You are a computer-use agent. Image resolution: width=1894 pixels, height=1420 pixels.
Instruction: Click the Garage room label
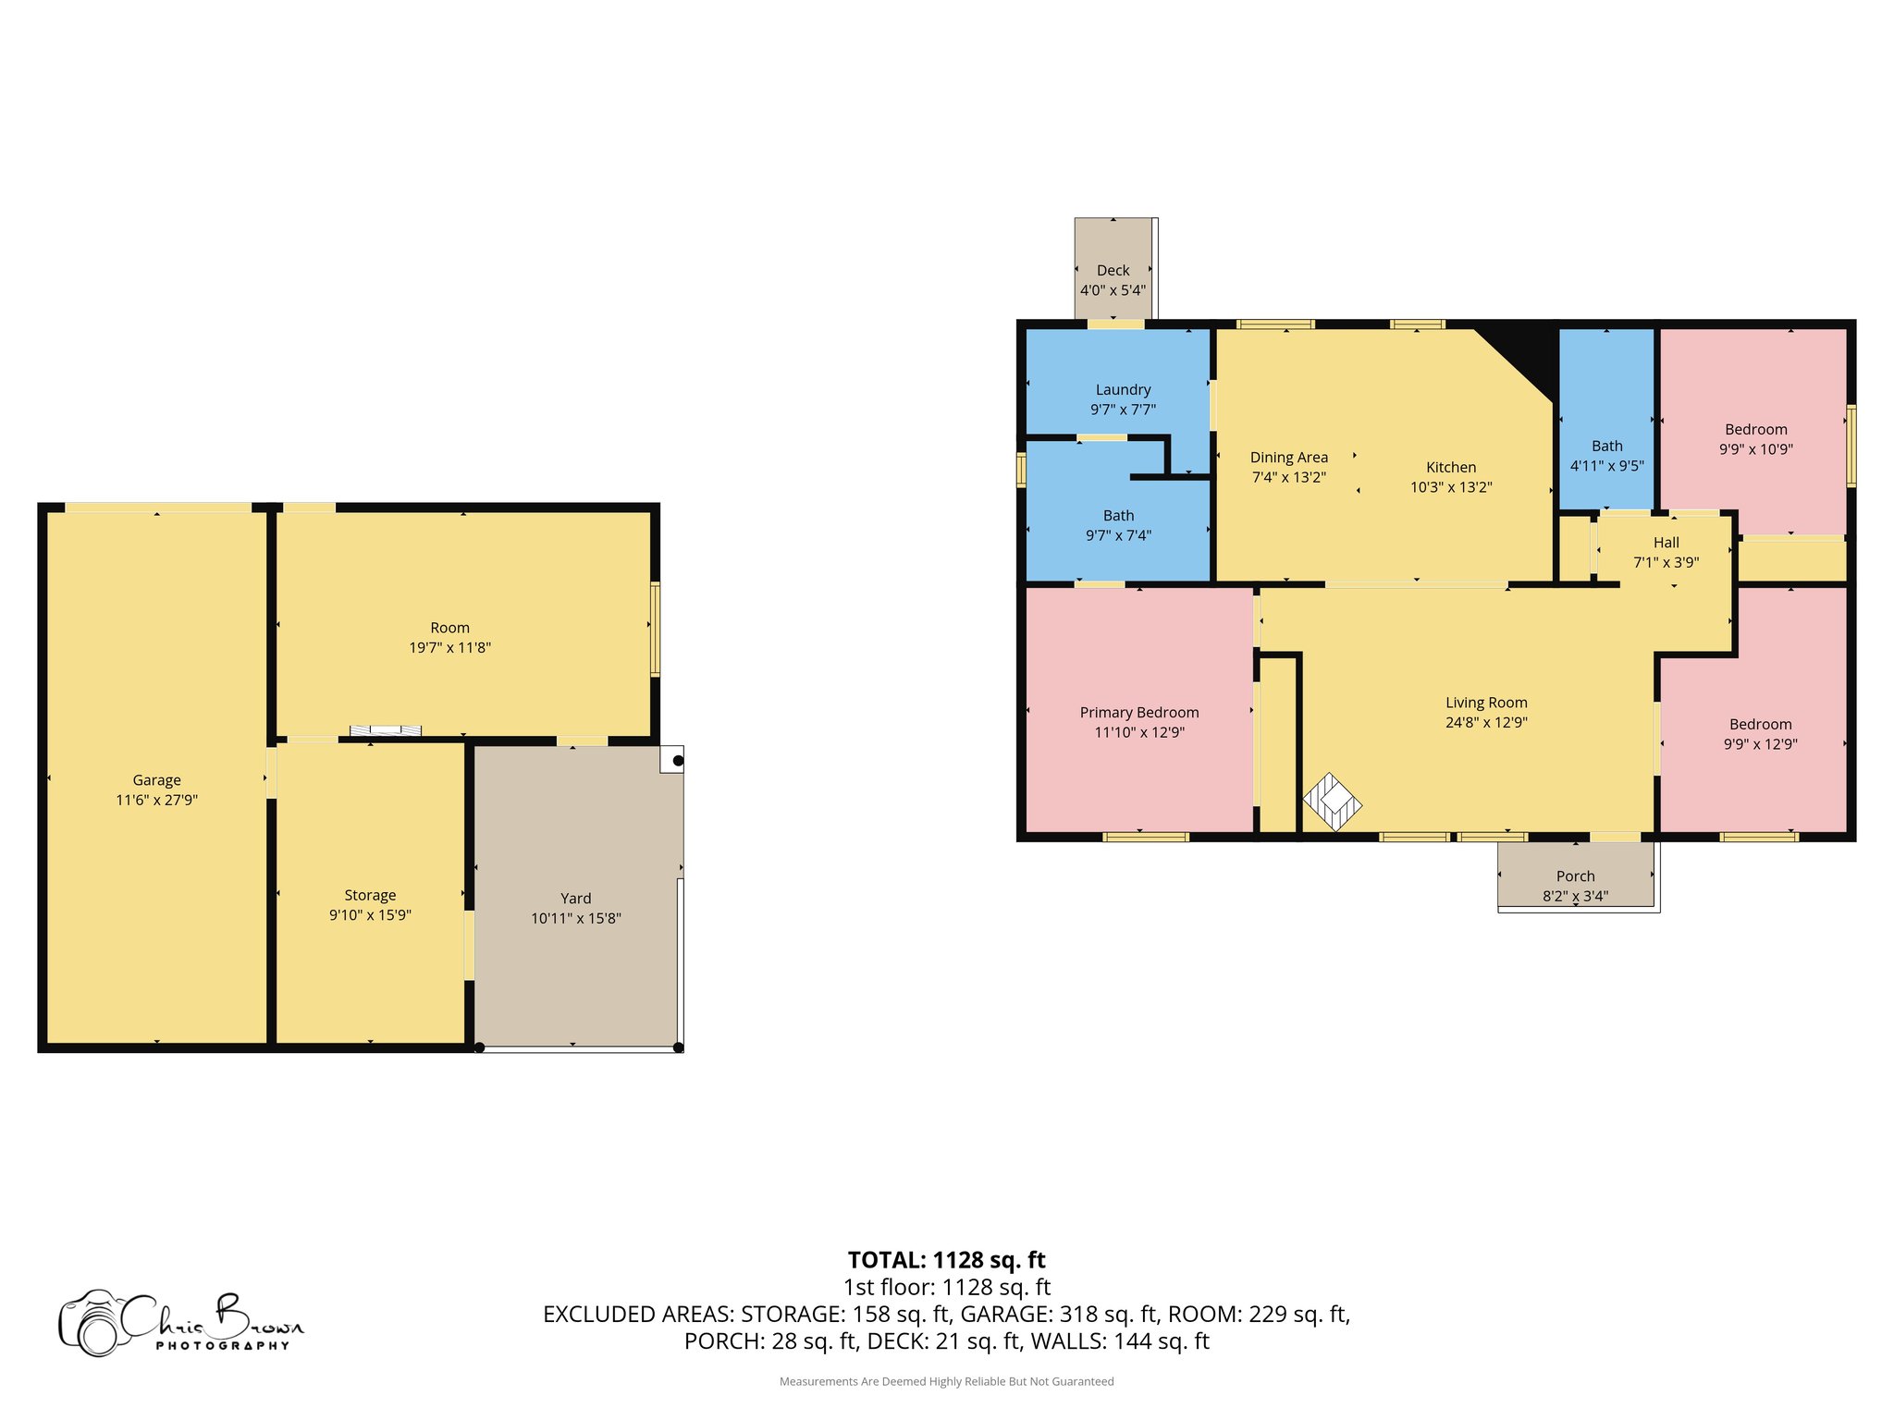156,780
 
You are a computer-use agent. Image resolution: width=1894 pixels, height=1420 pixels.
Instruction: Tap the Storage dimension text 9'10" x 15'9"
370,915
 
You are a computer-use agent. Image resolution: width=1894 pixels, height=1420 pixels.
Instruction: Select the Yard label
575,899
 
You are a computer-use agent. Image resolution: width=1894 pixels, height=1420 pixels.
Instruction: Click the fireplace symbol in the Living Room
1332,802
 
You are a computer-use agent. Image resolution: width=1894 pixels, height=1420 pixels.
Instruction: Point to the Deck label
1113,271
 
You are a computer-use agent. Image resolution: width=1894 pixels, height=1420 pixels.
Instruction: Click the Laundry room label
1123,390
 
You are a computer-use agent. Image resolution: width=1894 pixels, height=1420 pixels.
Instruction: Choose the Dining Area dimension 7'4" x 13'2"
1288,478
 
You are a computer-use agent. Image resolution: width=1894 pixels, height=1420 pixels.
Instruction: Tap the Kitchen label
1450,468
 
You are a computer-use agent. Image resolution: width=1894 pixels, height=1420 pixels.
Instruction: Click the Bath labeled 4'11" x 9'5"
1606,456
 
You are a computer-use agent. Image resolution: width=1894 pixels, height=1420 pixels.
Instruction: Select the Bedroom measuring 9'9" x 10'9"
1755,439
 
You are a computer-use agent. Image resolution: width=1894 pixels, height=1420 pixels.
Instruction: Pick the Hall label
1666,543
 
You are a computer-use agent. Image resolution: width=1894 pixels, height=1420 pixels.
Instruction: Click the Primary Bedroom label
1138,713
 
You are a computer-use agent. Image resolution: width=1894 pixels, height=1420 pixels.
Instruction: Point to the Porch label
1575,876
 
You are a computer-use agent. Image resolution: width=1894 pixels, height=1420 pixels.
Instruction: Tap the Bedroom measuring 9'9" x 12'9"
1760,734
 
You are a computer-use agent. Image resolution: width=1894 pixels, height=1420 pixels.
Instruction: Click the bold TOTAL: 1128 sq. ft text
946,1260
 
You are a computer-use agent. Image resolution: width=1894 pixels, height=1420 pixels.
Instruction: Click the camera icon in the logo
92,1324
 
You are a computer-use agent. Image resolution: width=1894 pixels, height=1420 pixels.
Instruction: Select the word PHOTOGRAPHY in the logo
222,1346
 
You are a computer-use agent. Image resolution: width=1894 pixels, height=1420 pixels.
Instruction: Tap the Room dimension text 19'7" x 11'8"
449,648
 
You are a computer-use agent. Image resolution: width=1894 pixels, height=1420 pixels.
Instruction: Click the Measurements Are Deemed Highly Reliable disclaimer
946,1382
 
